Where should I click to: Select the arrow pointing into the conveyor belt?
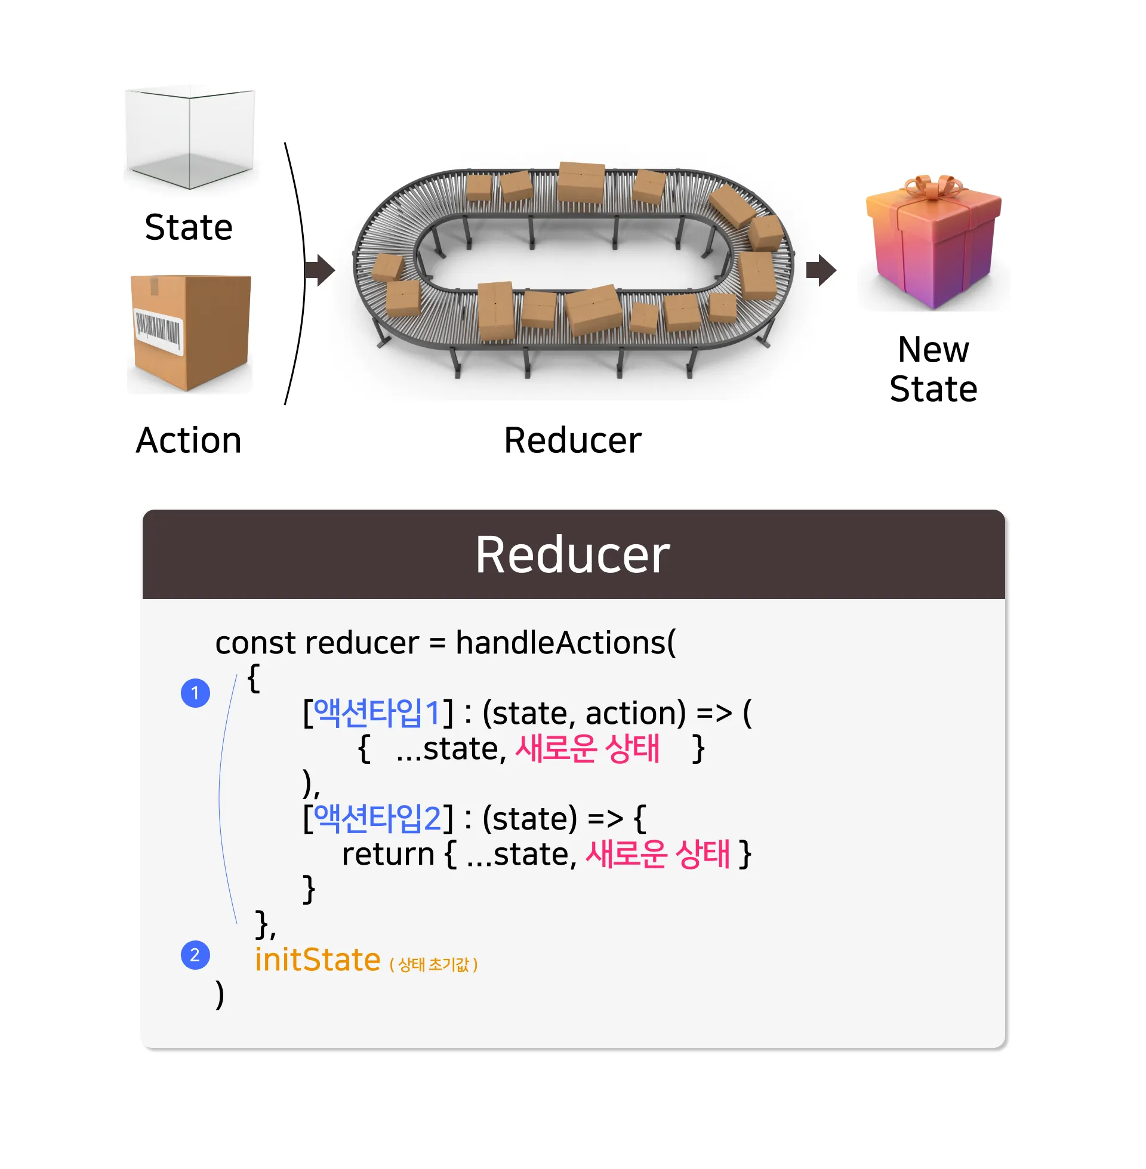[319, 270]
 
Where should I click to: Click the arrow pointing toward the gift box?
[820, 270]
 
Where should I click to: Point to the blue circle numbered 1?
[195, 693]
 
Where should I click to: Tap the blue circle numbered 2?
[195, 955]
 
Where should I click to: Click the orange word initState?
[317, 960]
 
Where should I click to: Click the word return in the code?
[387, 855]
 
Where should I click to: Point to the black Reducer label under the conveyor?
[572, 440]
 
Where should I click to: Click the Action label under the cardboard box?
[189, 440]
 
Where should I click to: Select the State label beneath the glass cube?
[189, 227]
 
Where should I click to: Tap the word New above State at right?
[933, 350]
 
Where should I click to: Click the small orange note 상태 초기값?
[433, 964]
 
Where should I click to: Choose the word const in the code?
[255, 643]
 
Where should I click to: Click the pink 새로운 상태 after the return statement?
[657, 855]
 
